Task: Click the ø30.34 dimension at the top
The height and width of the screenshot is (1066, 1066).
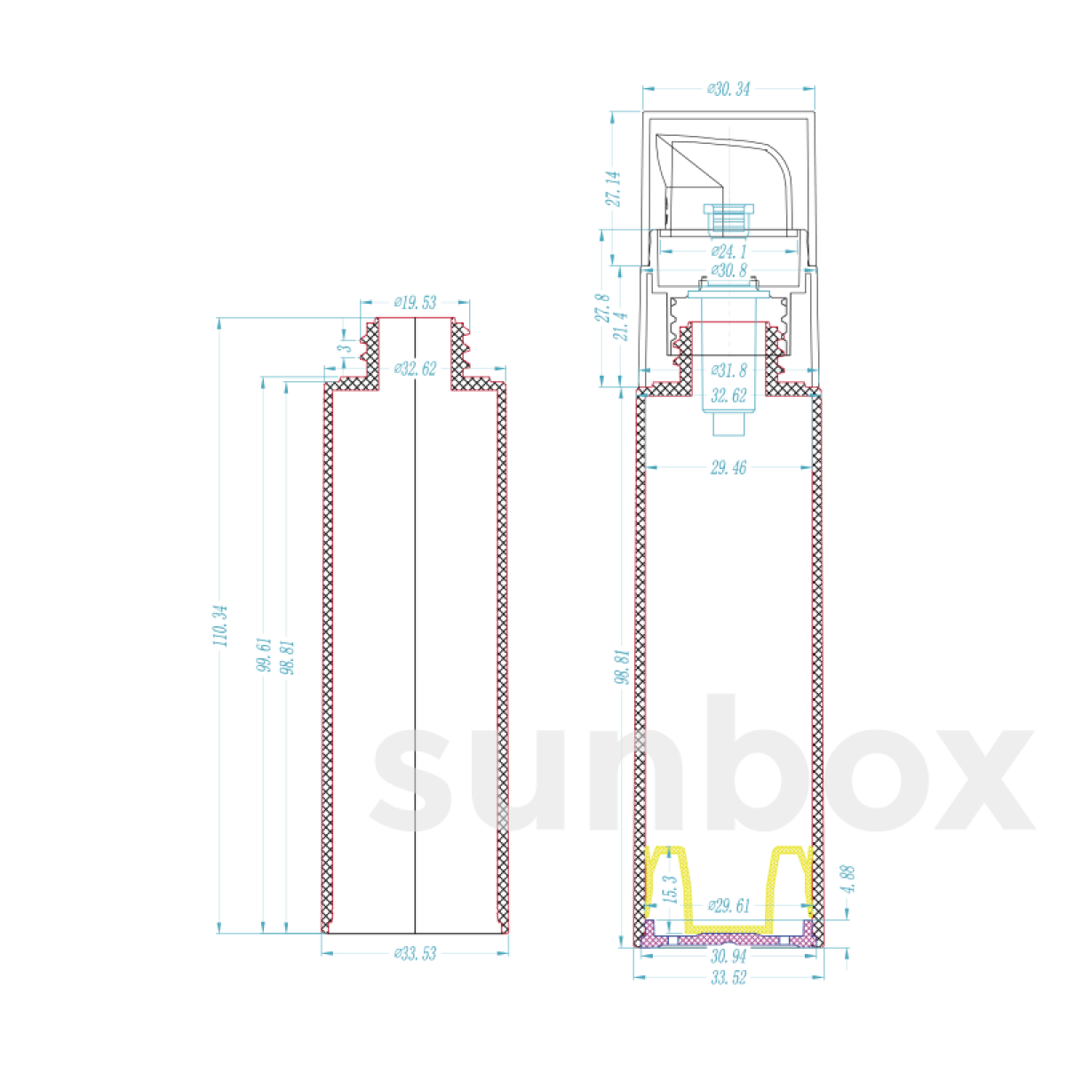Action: pos(728,89)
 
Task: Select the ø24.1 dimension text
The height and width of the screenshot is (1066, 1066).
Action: pos(728,252)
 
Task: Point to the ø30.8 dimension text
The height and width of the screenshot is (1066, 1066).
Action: pos(728,271)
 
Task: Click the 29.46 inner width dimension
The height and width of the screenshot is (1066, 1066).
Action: pos(728,467)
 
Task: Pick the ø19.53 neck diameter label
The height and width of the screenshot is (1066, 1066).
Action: pos(415,303)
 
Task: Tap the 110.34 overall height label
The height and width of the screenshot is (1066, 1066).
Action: pos(221,625)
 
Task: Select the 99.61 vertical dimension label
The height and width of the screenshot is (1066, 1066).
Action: pos(264,656)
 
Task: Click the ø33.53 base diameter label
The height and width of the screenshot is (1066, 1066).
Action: pos(415,954)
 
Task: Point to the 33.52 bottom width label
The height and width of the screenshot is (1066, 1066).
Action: pos(728,978)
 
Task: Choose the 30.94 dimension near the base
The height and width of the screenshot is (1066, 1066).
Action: pos(728,957)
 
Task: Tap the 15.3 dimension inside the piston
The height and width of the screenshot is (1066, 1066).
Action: pos(671,889)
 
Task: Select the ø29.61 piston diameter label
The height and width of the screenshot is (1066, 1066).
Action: pos(728,906)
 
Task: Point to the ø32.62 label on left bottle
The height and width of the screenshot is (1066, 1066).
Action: pos(415,369)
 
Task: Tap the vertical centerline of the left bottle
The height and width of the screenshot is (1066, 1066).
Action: pos(416,622)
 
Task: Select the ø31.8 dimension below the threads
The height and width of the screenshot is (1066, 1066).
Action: pos(728,370)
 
